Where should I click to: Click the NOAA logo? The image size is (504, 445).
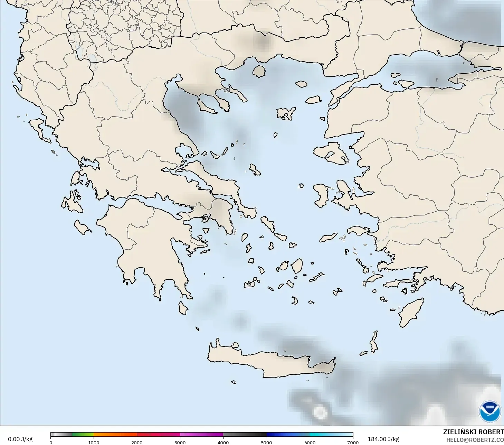coord(489,411)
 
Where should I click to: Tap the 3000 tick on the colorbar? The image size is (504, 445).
coord(180,442)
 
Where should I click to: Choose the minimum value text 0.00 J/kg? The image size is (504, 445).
coord(20,439)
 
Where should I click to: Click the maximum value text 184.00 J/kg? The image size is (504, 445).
coord(383,439)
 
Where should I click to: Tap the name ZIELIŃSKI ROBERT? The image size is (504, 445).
coord(473,432)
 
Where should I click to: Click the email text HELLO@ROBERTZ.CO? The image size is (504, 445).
coord(475,440)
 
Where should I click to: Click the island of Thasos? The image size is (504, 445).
coord(259,72)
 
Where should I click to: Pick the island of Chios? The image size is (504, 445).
coord(321,195)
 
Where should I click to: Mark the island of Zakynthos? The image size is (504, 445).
coord(83,228)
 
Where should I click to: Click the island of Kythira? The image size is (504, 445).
coord(183,308)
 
